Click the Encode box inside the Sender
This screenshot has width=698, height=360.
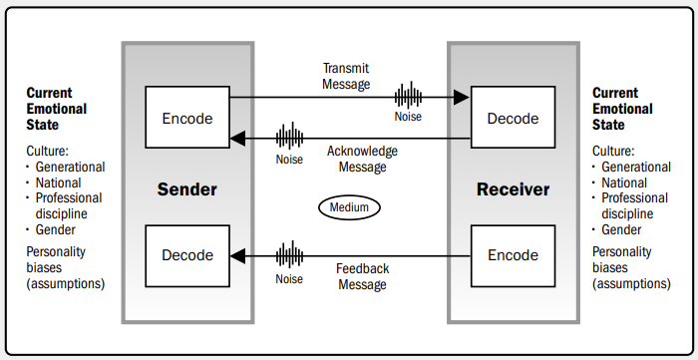[x=187, y=117]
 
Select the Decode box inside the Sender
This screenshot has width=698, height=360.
[x=187, y=256]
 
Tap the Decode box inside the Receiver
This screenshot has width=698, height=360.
[x=513, y=117]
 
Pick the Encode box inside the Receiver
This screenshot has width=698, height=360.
[x=513, y=256]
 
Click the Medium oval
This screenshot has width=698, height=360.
[x=349, y=207]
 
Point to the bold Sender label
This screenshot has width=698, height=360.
[x=187, y=189]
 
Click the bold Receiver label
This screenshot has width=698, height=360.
[x=513, y=189]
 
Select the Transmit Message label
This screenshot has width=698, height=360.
[x=346, y=76]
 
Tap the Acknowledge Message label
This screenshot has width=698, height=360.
[x=362, y=159]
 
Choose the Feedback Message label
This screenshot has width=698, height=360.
[x=362, y=276]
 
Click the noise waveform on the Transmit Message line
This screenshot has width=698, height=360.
[x=408, y=95]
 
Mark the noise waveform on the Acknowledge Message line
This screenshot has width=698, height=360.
[x=289, y=137]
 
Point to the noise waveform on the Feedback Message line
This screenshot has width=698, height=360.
[x=289, y=254]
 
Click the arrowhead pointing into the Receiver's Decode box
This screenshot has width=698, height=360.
[x=461, y=97]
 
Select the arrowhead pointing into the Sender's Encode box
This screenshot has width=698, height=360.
[x=237, y=139]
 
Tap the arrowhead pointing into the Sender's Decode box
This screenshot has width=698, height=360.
[x=237, y=256]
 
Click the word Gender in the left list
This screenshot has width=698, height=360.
[x=56, y=230]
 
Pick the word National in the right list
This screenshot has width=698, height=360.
[x=624, y=182]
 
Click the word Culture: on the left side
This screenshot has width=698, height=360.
[x=47, y=152]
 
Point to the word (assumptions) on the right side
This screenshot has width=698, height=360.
[x=631, y=284]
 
